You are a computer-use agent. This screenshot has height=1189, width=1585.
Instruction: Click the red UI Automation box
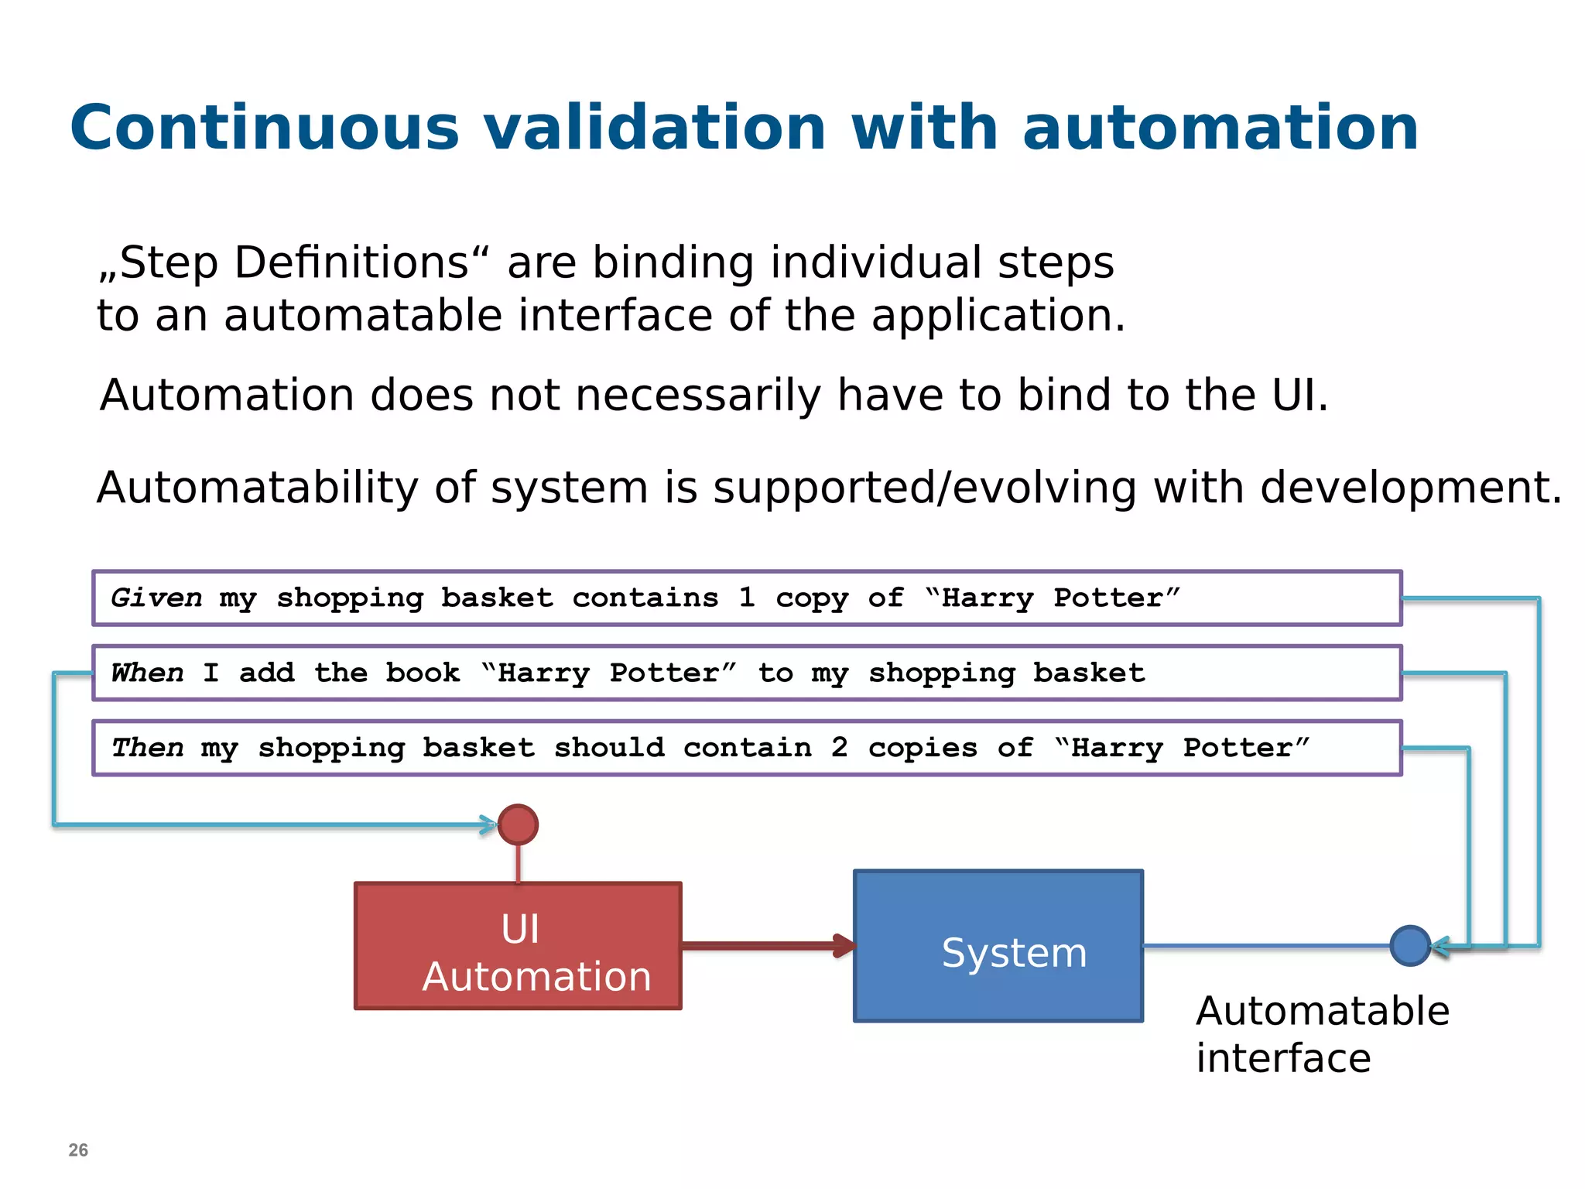(x=518, y=946)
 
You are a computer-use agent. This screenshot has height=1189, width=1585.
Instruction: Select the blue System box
(x=998, y=946)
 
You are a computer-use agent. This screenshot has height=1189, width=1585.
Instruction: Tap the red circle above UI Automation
(x=518, y=824)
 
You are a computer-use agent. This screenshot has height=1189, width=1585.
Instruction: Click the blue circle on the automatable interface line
(x=1409, y=945)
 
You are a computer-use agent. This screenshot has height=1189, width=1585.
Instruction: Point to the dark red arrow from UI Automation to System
(x=766, y=945)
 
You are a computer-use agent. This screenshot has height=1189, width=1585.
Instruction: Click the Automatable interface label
(x=1321, y=1034)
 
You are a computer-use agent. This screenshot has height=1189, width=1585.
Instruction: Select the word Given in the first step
(x=156, y=598)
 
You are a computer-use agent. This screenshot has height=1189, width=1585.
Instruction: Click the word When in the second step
(x=148, y=673)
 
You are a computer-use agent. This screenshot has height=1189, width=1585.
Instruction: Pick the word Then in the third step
(x=148, y=748)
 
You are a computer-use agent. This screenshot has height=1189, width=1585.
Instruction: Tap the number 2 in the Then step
(x=839, y=748)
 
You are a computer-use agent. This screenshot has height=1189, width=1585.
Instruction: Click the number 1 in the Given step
(x=746, y=598)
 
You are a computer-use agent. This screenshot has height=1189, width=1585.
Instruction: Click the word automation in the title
(x=1220, y=128)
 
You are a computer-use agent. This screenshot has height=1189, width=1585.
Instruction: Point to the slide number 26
(x=78, y=1150)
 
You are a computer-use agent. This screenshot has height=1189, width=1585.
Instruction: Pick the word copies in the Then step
(x=923, y=748)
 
